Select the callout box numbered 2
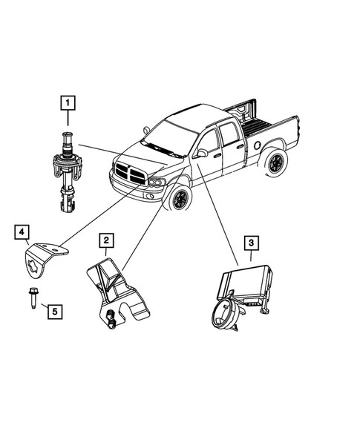(x=107, y=240)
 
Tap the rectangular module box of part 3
(x=246, y=283)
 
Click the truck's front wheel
(x=179, y=200)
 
